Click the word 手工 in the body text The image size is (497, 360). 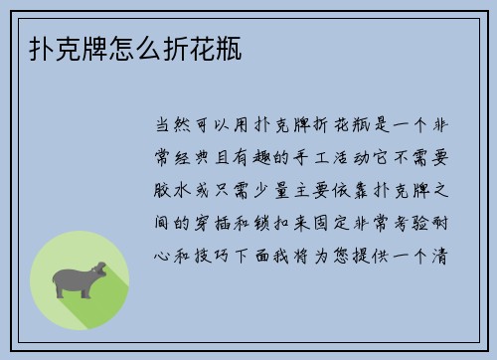click(x=327, y=156)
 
